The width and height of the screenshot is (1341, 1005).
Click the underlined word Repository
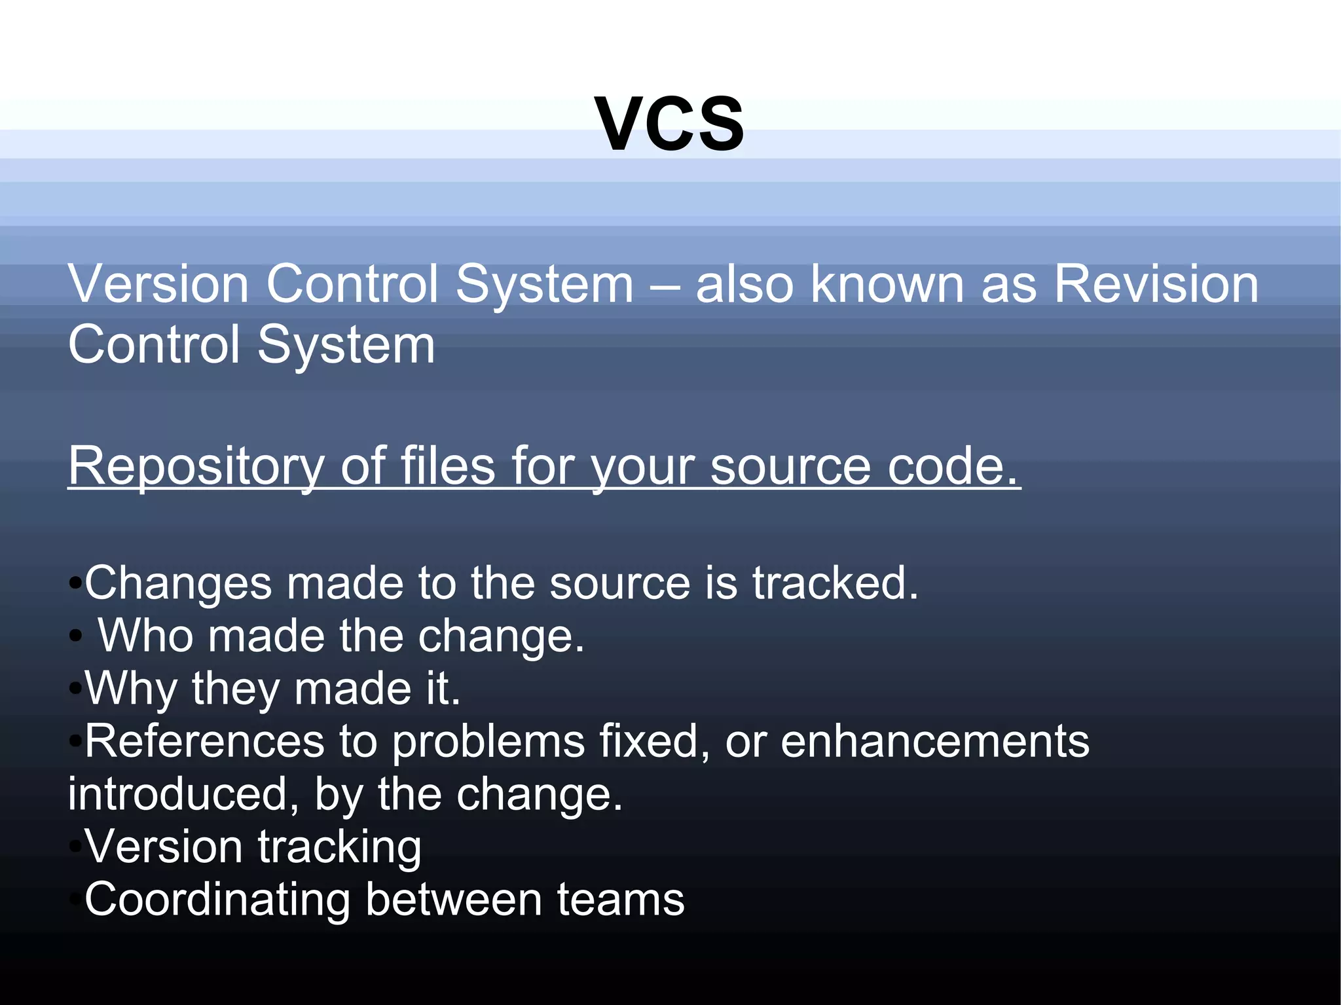coord(196,466)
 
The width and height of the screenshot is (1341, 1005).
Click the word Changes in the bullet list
coord(178,583)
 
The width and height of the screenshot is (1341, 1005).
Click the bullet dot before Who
coord(76,635)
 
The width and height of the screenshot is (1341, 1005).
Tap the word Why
coord(131,689)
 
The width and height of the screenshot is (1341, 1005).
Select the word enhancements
coord(935,741)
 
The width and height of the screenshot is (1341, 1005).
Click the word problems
coord(488,742)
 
